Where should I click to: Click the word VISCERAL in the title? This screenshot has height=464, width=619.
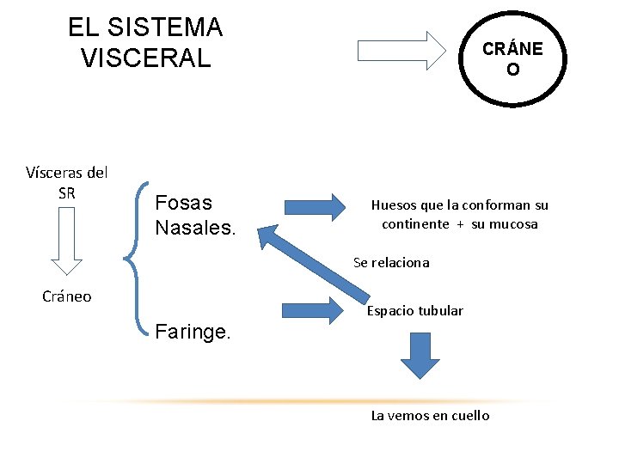coord(144,58)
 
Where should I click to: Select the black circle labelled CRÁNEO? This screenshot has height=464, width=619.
coord(512,58)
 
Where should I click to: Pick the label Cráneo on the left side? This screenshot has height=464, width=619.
coord(67,296)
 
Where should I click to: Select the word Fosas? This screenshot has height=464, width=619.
coord(183,203)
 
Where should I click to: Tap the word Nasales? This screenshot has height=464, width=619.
coord(194,229)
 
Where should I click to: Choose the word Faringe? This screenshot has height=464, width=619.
coord(193,332)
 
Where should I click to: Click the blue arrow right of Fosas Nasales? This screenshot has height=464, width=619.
coord(313,207)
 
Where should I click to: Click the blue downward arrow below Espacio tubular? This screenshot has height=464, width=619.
coord(420,355)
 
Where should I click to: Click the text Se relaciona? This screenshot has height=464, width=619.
coord(391,263)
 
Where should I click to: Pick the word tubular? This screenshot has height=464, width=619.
coord(440,310)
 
